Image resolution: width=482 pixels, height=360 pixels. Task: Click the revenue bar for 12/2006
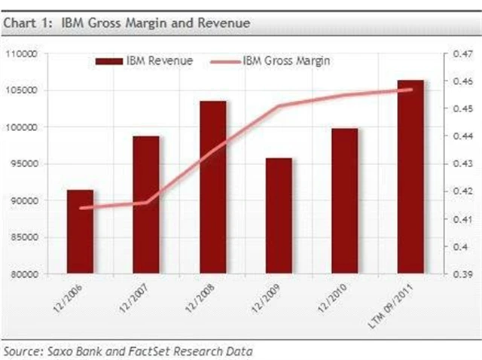pos(81,231)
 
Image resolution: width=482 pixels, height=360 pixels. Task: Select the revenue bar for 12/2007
pos(147,204)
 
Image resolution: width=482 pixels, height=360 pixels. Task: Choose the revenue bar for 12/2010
pos(345,200)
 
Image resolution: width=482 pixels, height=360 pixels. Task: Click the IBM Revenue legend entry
pos(144,60)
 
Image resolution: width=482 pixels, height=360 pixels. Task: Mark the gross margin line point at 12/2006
pos(81,208)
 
